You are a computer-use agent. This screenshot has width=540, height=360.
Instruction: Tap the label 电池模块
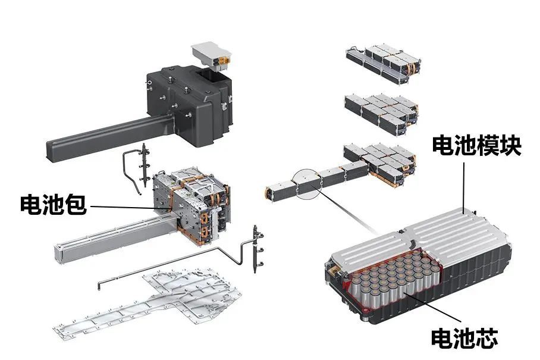(x=476, y=145)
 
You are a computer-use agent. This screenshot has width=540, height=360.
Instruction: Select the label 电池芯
(x=464, y=338)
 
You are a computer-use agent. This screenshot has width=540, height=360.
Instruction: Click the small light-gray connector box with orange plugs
(x=212, y=55)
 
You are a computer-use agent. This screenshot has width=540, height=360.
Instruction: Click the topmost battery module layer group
(x=384, y=64)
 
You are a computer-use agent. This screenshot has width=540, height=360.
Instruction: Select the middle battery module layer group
(x=382, y=114)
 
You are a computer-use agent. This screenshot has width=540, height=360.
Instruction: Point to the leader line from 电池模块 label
(x=464, y=187)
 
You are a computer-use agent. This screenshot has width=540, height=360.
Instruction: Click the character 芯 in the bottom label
(x=487, y=338)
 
